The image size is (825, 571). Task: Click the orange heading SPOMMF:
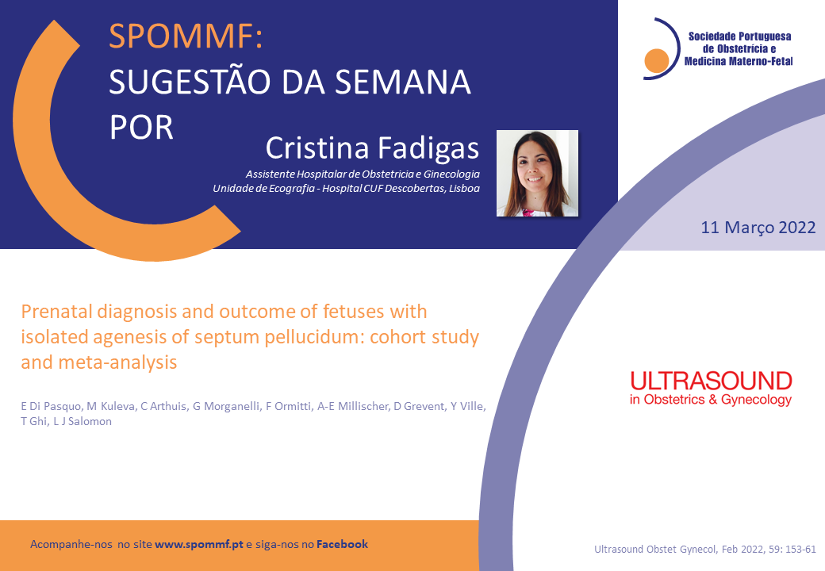[x=186, y=36]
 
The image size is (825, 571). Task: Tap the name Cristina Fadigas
[x=372, y=148]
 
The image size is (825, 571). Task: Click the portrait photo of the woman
[x=537, y=173]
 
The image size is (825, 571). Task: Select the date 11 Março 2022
[x=758, y=227]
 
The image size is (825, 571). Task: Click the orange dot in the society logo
[x=657, y=60]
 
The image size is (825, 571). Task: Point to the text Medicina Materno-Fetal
[x=739, y=62]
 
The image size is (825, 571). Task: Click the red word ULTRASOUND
[x=711, y=381]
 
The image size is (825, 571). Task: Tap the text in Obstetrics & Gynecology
[x=711, y=400]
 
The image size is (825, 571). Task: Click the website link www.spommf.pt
[x=199, y=544]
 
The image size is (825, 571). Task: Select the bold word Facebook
[x=342, y=544]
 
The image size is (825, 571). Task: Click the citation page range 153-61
[x=800, y=550]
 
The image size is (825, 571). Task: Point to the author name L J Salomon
[x=82, y=421]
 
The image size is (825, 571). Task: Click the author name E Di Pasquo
[x=51, y=406]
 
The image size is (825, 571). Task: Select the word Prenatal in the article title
[x=56, y=311]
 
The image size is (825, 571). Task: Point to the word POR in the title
[x=141, y=128]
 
